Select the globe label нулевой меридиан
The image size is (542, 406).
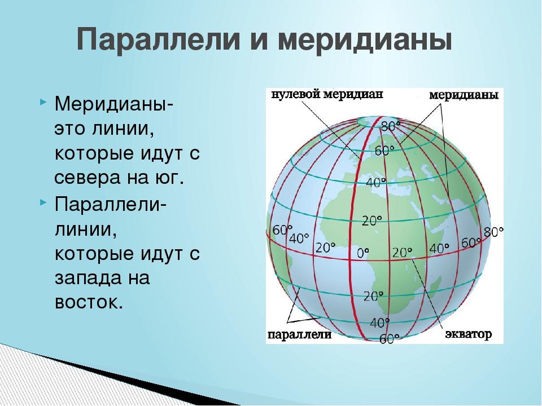coord(327,94)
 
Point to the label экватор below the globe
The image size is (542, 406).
coord(468,334)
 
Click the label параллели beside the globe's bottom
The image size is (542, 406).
coord(300,334)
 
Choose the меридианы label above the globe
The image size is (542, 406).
coord(464,95)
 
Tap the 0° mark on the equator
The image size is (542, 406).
coord(362,253)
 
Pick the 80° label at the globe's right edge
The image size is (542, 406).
coord(493,232)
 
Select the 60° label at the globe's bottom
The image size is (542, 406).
coord(389,339)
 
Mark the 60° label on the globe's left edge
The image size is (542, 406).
coord(282,230)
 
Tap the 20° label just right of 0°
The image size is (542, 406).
coord(402,253)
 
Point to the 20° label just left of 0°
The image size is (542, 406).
coord(325,248)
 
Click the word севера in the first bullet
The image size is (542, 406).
coord(91,179)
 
